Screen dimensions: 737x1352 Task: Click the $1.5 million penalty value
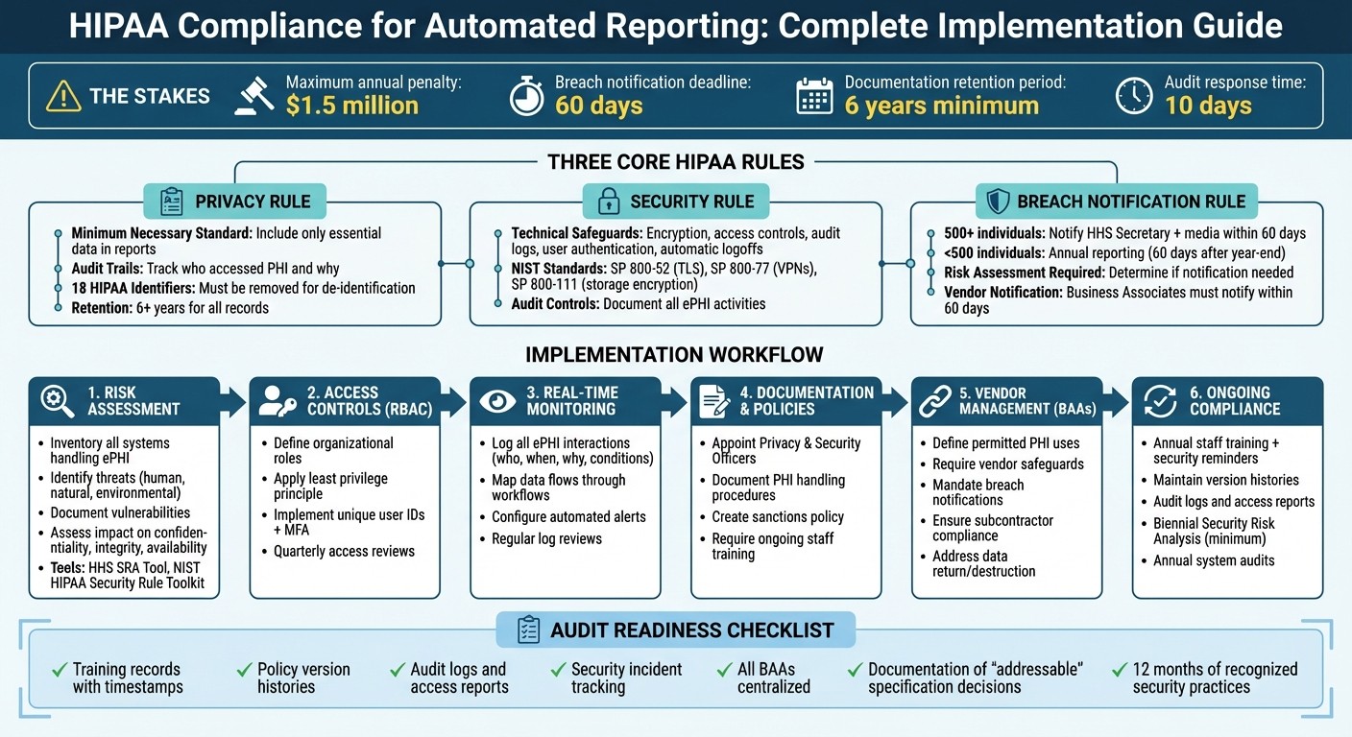[x=351, y=105]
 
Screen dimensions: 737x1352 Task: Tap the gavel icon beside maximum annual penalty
[x=254, y=96]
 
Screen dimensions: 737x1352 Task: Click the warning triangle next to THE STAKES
[x=63, y=96]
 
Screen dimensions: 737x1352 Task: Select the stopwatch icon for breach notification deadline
[x=526, y=96]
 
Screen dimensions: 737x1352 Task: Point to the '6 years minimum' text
[x=941, y=105]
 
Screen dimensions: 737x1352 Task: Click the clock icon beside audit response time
[x=1134, y=96]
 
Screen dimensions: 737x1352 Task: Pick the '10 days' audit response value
[x=1208, y=105]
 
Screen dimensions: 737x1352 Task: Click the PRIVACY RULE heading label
[x=253, y=202]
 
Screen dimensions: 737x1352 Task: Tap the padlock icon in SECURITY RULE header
[x=609, y=202]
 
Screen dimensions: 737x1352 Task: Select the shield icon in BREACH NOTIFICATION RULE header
[x=999, y=202]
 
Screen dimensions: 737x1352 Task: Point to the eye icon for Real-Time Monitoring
[x=496, y=401]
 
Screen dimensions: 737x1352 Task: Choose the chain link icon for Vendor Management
[x=933, y=401]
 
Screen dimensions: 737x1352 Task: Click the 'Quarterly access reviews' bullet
[x=344, y=552]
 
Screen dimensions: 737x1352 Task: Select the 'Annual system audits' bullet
[x=1214, y=560]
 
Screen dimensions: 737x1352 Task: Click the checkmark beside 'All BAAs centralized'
[x=724, y=670]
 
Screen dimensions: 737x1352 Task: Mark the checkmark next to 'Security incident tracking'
[x=558, y=670]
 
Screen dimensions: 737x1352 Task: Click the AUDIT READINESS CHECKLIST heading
[x=691, y=630]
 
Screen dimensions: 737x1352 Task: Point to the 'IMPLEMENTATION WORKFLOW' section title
[x=674, y=355]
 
